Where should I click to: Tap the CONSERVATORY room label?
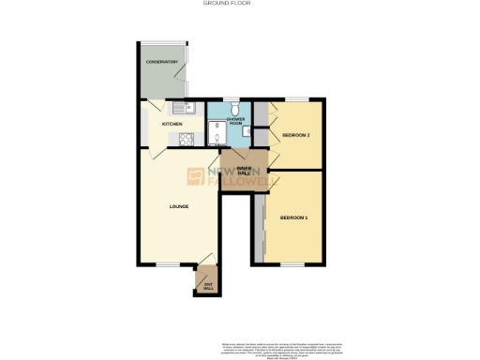[x=161, y=63]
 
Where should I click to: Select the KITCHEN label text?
[x=172, y=124]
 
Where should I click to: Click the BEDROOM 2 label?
[x=296, y=135]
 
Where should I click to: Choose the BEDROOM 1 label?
[x=293, y=217]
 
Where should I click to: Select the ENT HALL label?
[x=208, y=285]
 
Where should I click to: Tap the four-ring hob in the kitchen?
[x=186, y=140]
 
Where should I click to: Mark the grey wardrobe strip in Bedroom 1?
[x=259, y=225]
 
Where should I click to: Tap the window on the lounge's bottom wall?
[x=168, y=264]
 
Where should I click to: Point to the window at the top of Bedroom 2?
[x=297, y=99]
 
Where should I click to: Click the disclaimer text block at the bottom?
[x=281, y=345]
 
